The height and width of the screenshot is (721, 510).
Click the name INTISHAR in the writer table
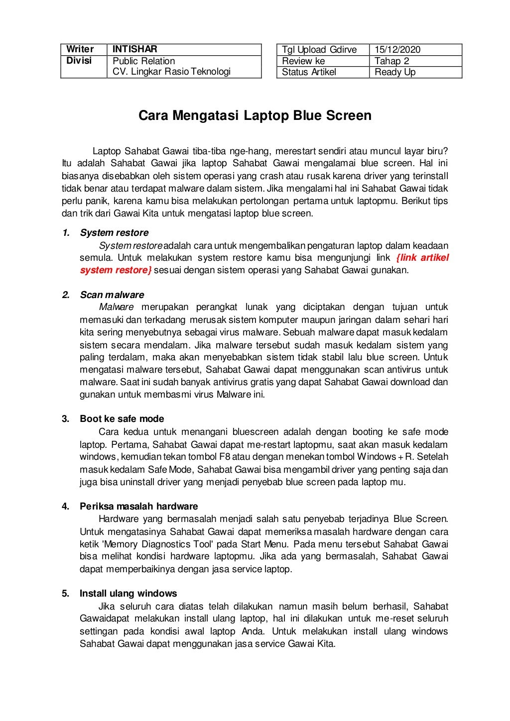coord(134,49)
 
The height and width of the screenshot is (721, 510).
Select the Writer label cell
coord(80,49)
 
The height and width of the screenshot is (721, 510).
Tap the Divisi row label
coord(79,61)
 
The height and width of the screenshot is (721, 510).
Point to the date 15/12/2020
coord(397,49)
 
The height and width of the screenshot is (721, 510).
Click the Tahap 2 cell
coord(391,61)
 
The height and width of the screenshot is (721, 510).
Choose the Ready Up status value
coord(395,72)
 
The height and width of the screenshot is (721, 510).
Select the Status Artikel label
coord(309,72)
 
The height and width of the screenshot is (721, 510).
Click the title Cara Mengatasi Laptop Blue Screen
coord(255,116)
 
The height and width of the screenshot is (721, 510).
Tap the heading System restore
coord(114,233)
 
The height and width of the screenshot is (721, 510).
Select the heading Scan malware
coord(112,295)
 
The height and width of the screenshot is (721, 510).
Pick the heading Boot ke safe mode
coord(122,419)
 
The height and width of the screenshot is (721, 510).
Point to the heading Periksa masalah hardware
coord(139,507)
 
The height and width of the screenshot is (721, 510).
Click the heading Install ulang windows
coord(128,594)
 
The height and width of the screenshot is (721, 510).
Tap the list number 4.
coord(65,507)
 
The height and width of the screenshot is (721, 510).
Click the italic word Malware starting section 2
coord(116,308)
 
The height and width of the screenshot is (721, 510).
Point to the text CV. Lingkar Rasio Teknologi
coord(171,72)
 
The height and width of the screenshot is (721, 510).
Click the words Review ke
coord(303,61)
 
